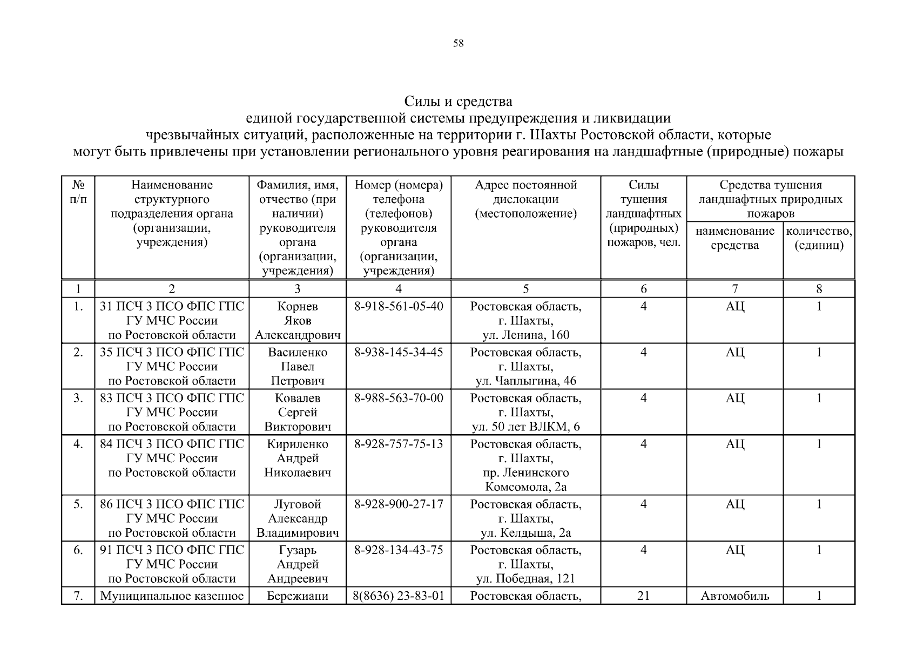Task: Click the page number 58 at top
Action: [458, 44]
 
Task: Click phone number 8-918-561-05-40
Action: [399, 307]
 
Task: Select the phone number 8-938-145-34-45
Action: [399, 353]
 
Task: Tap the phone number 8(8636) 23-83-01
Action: [399, 596]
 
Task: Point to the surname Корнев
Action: [298, 307]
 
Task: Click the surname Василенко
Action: [298, 353]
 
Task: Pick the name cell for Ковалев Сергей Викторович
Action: [298, 413]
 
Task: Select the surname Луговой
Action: [298, 504]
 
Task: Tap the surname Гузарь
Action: [298, 550]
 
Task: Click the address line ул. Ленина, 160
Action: [525, 335]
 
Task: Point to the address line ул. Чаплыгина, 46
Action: [525, 381]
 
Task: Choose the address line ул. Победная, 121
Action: [525, 579]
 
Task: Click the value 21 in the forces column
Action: [643, 596]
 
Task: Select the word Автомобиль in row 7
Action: [734, 596]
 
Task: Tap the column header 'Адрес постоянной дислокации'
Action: [525, 199]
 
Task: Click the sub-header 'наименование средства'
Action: [734, 238]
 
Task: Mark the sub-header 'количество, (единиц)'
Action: [819, 238]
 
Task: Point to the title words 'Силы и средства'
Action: [458, 102]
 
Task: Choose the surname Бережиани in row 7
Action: [298, 596]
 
